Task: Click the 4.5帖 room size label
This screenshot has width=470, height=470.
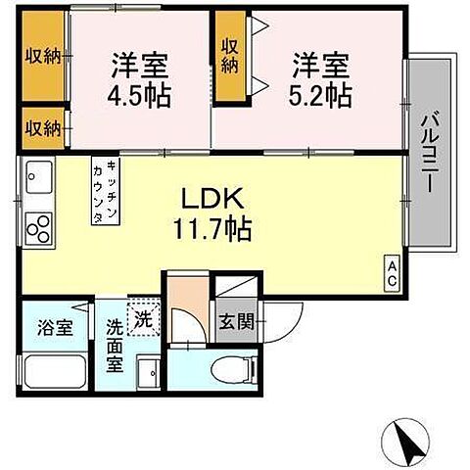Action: point(139,94)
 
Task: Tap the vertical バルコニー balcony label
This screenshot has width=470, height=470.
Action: point(428,152)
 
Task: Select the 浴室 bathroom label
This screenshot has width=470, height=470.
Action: point(56,327)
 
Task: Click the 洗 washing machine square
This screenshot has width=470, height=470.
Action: point(143,318)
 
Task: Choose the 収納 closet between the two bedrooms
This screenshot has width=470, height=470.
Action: point(231,56)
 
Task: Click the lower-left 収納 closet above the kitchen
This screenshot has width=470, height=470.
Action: point(42,127)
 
